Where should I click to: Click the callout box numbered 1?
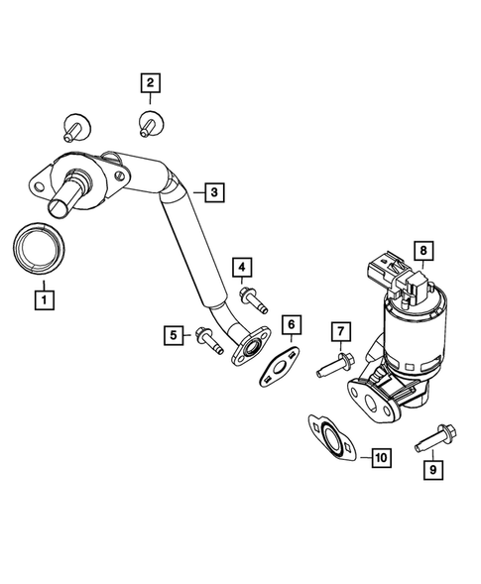click(43, 295)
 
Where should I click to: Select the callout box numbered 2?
click(151, 83)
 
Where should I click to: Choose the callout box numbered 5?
click(174, 337)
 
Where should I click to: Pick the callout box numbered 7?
click(339, 330)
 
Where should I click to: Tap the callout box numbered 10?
click(381, 457)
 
